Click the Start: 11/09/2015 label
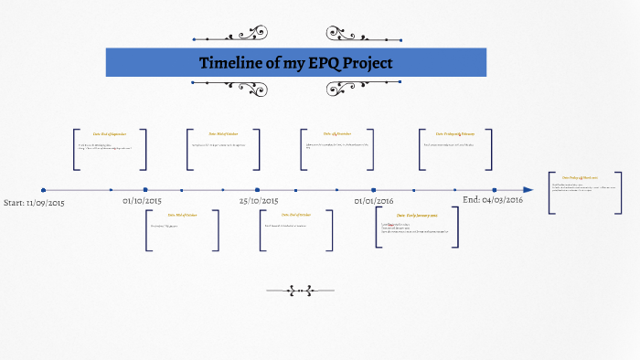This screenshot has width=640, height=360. [x=35, y=202]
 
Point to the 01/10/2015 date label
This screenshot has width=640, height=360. [x=142, y=200]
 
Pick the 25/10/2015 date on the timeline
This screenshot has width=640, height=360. [x=259, y=200]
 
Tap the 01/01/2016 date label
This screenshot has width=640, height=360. [x=374, y=200]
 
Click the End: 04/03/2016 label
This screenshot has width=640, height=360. [x=493, y=199]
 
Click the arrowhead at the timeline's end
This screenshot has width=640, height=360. [x=528, y=190]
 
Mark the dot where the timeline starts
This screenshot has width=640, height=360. [x=43, y=190]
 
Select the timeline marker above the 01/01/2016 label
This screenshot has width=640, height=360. [x=374, y=190]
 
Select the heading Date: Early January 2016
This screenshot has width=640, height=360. [x=416, y=215]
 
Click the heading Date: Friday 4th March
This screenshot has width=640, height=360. [x=580, y=177]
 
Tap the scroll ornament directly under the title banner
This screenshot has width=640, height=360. [x=295, y=86]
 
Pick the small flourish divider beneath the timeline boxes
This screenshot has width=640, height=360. [x=295, y=291]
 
